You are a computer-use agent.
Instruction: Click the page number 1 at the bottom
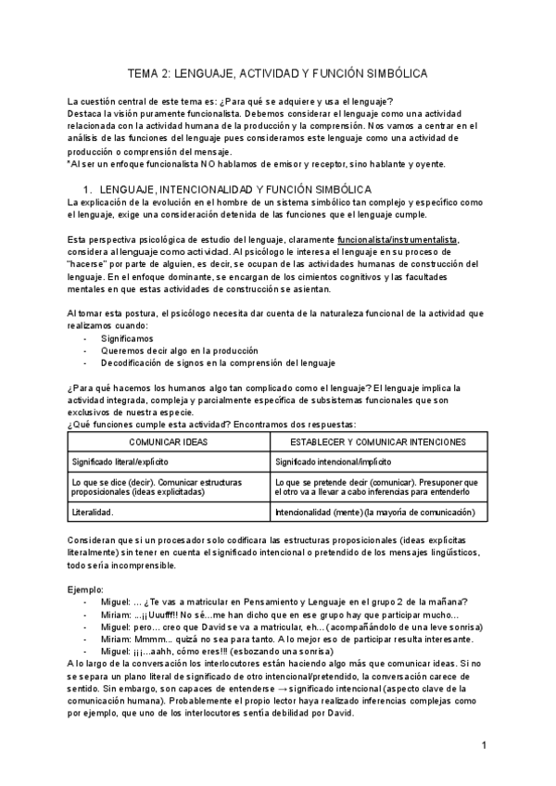coord(485,745)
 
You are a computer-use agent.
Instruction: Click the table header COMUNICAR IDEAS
coord(168,443)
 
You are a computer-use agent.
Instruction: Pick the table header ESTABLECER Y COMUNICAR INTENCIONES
coord(376,443)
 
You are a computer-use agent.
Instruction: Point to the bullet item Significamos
coord(129,339)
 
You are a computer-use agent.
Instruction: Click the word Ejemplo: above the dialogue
coord(86,589)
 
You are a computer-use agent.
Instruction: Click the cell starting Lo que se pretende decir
coord(376,487)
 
